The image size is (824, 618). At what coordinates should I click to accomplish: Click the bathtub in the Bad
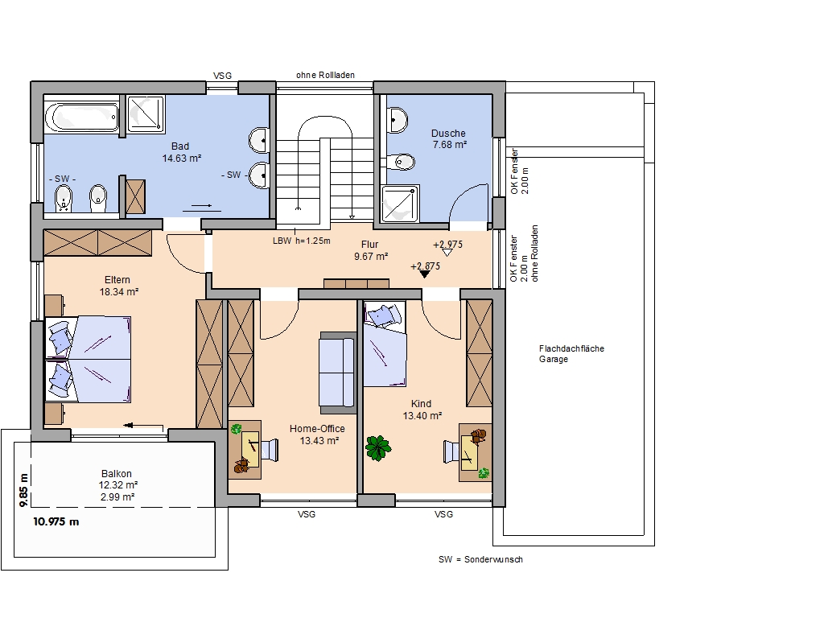(82, 117)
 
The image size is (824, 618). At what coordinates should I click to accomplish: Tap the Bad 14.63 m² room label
(181, 152)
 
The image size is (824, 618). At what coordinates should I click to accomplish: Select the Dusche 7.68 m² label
(449, 138)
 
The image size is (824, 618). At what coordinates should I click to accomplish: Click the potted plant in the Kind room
(378, 447)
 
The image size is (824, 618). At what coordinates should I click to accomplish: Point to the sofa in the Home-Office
(338, 373)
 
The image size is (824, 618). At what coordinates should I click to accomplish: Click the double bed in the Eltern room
(88, 360)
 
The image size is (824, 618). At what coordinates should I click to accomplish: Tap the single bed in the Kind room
(385, 344)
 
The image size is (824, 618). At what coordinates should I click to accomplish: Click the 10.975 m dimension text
(56, 521)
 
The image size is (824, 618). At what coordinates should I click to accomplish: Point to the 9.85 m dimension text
(23, 490)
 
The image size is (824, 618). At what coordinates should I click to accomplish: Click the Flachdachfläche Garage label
(571, 354)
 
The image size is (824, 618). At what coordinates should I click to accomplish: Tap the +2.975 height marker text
(447, 245)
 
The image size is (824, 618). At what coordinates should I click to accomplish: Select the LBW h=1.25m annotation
(302, 241)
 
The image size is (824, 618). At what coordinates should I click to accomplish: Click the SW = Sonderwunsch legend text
(481, 560)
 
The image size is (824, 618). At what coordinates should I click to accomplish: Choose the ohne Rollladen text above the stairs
(325, 75)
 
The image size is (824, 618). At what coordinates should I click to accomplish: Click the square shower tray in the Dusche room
(400, 204)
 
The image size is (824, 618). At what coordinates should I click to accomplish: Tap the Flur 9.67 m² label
(370, 251)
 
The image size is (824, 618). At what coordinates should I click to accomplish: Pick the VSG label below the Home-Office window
(307, 514)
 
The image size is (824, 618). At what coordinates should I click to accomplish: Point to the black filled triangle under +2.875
(425, 274)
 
